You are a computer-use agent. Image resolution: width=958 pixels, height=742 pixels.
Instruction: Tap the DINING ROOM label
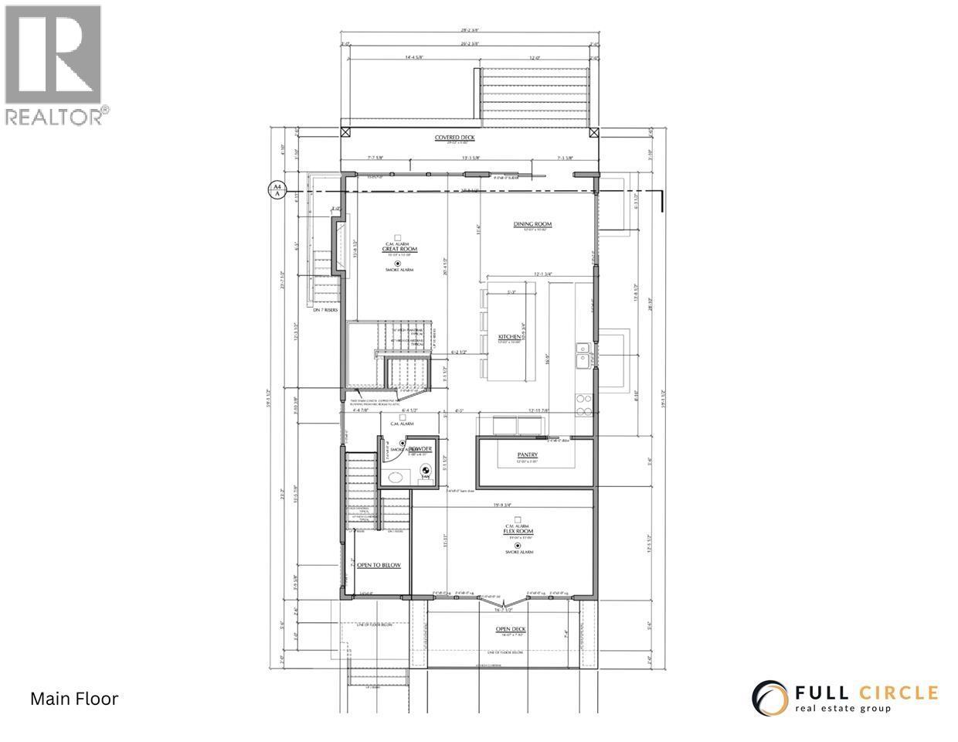click(x=532, y=225)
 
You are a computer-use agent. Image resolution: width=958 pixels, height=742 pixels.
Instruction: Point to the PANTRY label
click(x=528, y=455)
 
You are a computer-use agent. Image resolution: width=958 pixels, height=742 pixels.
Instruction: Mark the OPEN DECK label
click(x=511, y=629)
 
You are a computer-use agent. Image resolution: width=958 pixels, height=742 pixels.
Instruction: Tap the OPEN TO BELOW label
click(x=379, y=566)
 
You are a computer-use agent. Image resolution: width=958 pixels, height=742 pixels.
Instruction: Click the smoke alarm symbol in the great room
click(x=397, y=263)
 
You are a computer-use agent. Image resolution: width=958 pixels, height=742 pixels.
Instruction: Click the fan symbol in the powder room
click(x=423, y=471)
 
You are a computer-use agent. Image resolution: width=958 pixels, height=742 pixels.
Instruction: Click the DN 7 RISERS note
click(x=327, y=310)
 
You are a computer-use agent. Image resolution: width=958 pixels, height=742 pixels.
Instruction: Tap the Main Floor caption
click(x=74, y=699)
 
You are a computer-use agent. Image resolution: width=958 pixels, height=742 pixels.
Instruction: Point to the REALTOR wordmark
click(x=55, y=116)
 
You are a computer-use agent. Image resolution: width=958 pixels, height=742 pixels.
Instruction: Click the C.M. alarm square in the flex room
click(x=518, y=519)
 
